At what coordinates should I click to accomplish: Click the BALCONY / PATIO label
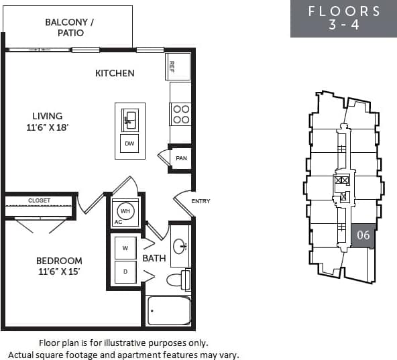69,27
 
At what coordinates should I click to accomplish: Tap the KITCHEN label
115,73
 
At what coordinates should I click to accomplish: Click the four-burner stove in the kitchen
180,114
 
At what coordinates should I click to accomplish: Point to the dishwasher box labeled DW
129,143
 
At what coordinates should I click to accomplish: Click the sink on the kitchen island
129,120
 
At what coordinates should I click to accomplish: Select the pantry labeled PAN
180,158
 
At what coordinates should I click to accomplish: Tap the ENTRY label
201,201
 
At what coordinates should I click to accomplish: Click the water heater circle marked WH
125,210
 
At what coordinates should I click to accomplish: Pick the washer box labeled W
125,247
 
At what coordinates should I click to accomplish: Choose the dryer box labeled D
125,272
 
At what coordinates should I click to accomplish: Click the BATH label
154,257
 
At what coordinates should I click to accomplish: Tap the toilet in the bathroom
178,279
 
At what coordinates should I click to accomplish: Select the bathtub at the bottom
169,310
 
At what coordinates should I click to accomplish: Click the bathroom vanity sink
180,246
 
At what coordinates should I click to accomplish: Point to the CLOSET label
39,200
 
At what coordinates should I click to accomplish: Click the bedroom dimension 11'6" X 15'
60,273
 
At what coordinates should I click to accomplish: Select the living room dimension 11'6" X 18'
47,127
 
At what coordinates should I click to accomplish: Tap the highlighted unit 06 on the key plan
363,235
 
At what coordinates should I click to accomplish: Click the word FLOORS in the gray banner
344,11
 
